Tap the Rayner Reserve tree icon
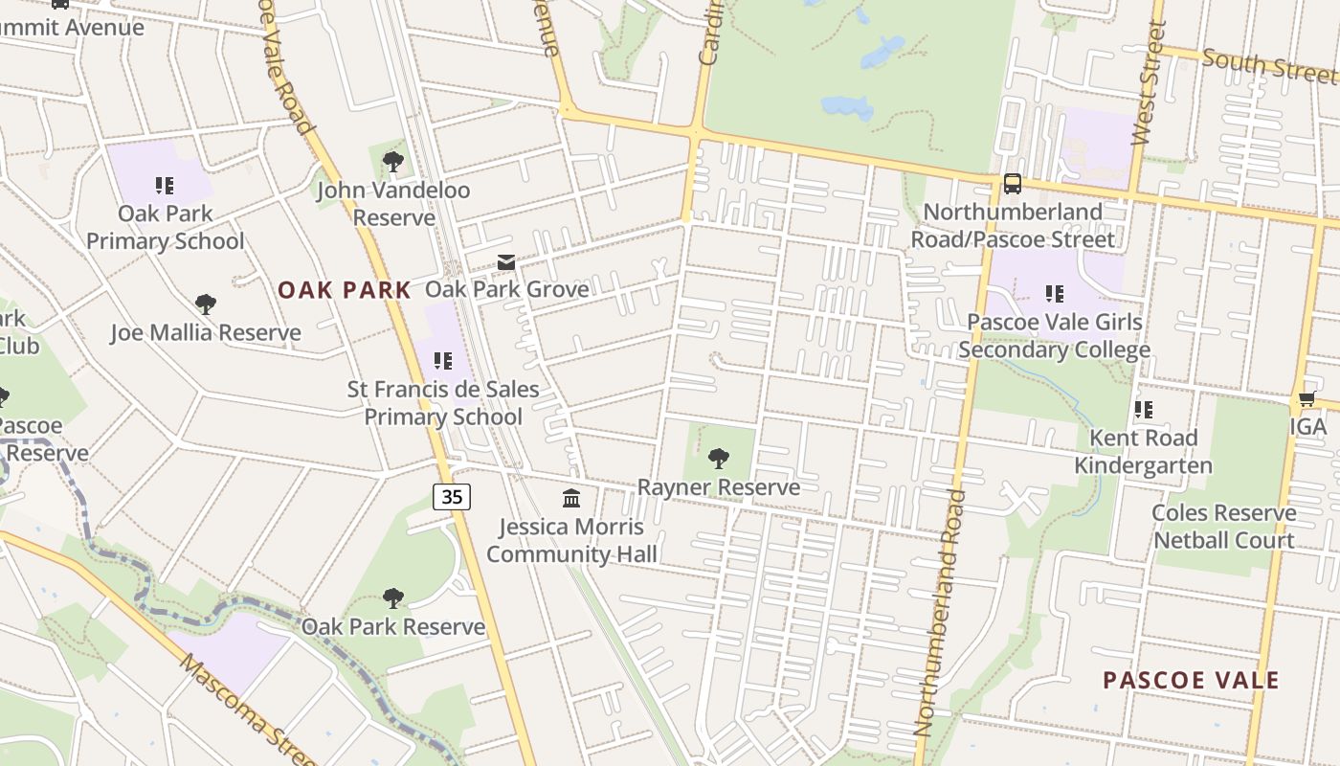718,459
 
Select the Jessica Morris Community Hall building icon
571,498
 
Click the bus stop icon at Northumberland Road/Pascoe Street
1012,184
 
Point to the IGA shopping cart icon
1306,398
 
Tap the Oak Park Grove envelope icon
506,261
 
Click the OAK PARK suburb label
345,290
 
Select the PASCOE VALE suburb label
1191,681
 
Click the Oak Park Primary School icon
165,185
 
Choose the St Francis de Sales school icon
442,361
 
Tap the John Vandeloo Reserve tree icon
392,161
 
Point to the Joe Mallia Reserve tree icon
205,304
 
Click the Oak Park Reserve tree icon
392,598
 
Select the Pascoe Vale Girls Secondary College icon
1054,294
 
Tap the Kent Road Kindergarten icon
1143,410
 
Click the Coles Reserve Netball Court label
1223,527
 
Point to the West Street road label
1146,84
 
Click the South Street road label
1268,65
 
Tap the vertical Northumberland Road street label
938,613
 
